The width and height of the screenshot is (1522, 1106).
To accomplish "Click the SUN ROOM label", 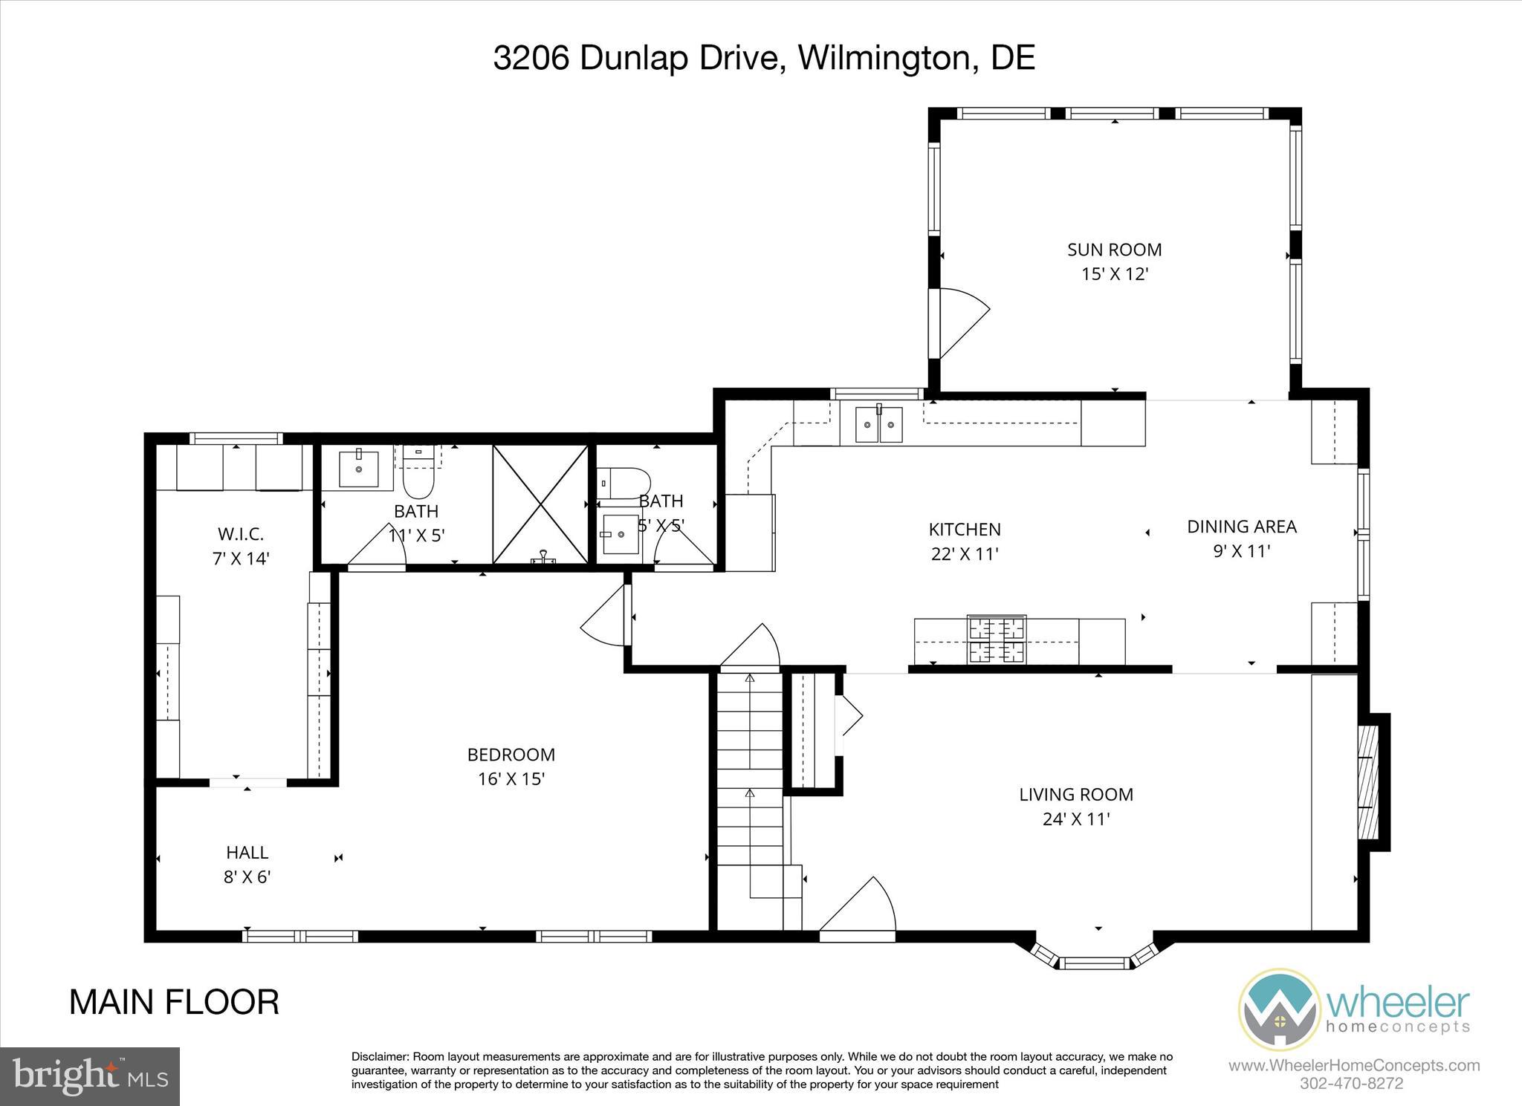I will click(1114, 250).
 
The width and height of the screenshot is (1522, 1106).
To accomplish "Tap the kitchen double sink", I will click(878, 425).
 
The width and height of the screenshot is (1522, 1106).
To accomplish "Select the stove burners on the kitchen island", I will click(997, 640).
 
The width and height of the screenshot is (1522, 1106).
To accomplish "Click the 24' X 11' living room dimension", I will click(1075, 819).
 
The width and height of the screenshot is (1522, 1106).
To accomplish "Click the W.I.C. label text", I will click(240, 533).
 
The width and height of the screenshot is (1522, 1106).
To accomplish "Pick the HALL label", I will click(247, 852).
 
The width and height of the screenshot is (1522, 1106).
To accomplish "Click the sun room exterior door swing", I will click(962, 323).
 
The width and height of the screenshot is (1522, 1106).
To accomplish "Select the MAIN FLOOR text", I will click(174, 1002).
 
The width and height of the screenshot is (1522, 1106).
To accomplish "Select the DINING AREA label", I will click(1241, 527).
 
